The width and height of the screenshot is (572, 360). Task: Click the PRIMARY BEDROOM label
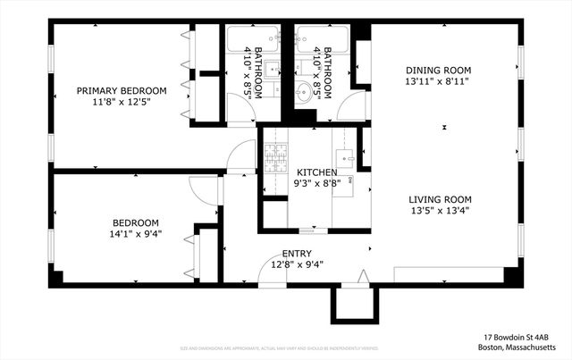point(122,91)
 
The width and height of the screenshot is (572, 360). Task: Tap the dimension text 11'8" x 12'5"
point(122,102)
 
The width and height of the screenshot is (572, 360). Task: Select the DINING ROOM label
point(438,70)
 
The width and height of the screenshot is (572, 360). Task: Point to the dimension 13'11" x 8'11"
point(438,81)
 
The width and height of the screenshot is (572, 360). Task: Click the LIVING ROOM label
point(440,199)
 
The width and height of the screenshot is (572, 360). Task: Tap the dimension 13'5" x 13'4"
point(440,211)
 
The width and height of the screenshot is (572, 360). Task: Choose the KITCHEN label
point(317,172)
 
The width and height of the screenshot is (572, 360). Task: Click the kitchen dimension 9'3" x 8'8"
point(317,184)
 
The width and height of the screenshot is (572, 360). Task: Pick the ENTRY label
point(297,253)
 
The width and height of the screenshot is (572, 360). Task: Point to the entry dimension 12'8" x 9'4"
point(297,264)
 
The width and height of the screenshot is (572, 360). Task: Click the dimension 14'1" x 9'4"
point(136,234)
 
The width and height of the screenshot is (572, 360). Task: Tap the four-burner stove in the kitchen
point(273,157)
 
